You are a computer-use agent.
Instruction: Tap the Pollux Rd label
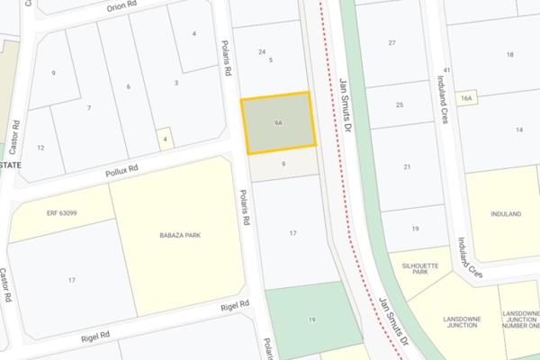pos(121,168)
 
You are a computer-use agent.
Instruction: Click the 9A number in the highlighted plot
pos(280,121)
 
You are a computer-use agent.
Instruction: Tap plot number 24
pos(261,51)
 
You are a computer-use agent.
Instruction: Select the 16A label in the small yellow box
pos(465,97)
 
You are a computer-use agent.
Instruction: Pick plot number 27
pos(391,43)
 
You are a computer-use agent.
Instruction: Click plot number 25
pos(400,105)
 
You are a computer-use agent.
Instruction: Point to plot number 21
pos(407,166)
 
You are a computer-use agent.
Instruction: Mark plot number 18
pos(509,56)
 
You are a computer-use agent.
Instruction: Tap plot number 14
pos(519,130)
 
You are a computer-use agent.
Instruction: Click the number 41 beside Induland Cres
pos(446,69)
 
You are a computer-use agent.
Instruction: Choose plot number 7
pos(88,108)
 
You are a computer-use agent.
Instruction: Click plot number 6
pos(129,86)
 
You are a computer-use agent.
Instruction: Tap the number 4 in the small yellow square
pos(165,139)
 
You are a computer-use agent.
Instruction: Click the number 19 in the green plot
pos(311,320)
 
